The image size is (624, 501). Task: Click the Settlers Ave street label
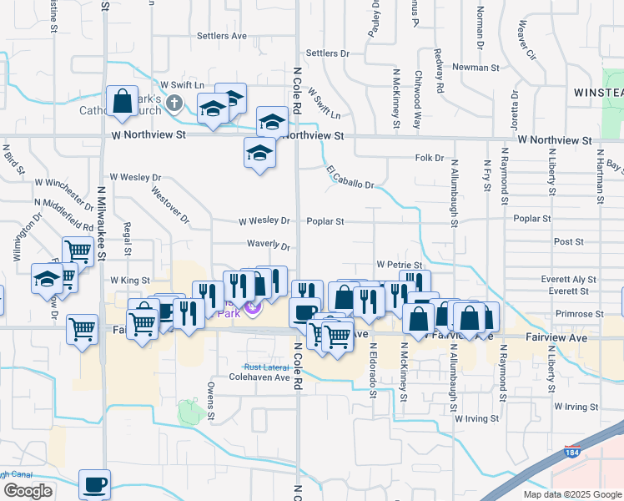(222, 36)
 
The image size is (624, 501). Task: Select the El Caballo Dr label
(350, 177)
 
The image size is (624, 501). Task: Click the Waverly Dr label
(267, 247)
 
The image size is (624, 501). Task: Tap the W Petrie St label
(395, 264)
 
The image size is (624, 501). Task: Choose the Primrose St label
(583, 314)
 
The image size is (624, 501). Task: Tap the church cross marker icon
(174, 104)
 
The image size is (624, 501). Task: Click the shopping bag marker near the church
(122, 102)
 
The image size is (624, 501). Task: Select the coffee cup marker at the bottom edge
(94, 484)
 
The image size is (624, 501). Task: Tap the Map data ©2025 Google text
(571, 494)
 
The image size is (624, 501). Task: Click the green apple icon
(189, 411)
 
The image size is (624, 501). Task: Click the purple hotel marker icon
(254, 311)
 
